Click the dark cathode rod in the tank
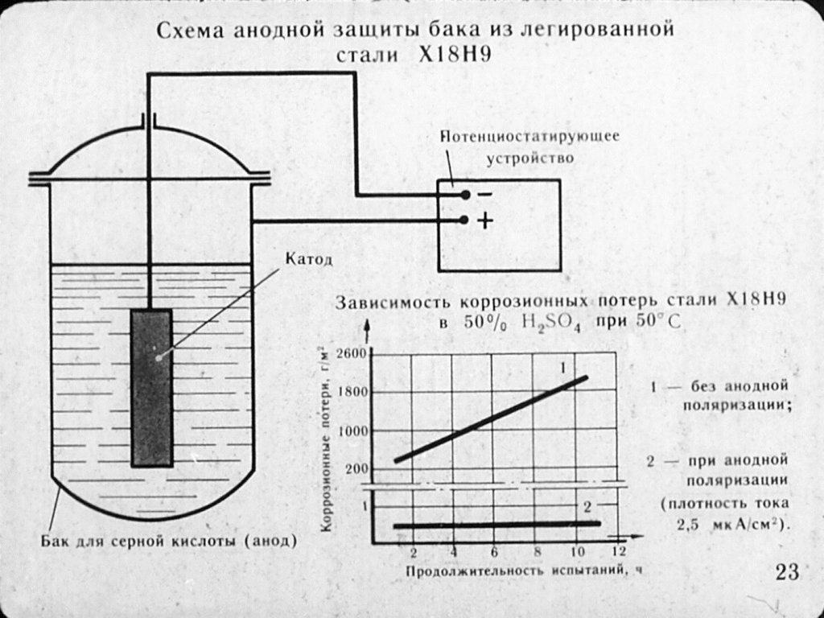[x=152, y=389]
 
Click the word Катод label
[x=308, y=259]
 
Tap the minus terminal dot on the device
[x=465, y=195]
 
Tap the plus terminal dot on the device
[x=463, y=220]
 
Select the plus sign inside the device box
[x=485, y=220]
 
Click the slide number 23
[x=787, y=572]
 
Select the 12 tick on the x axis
[x=619, y=551]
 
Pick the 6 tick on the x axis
[x=495, y=552]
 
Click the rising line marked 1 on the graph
[x=491, y=418]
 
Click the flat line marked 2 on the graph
[x=496, y=525]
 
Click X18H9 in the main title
[x=455, y=55]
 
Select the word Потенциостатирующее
[x=529, y=137]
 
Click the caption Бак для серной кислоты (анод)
[x=169, y=542]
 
